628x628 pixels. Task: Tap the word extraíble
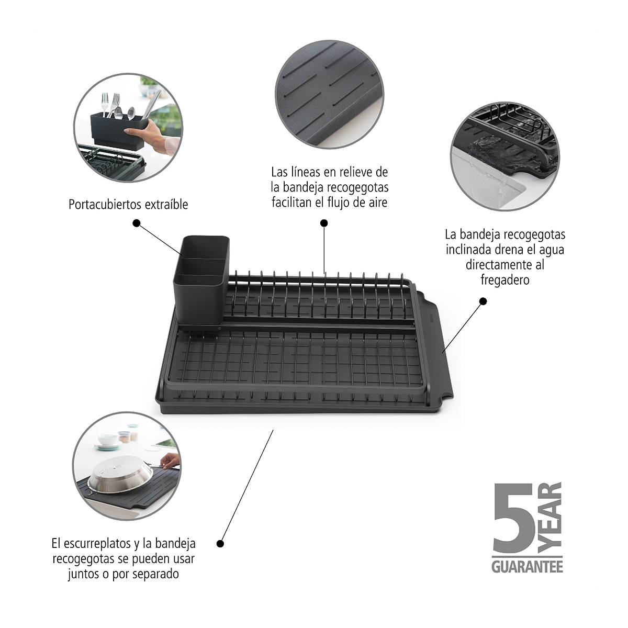point(166,204)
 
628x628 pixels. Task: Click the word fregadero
point(505,279)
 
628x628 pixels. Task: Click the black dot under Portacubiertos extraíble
point(137,223)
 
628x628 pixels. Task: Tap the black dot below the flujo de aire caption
point(324,223)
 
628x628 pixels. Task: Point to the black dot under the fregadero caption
point(484,301)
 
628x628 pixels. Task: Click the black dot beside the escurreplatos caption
point(220,544)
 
